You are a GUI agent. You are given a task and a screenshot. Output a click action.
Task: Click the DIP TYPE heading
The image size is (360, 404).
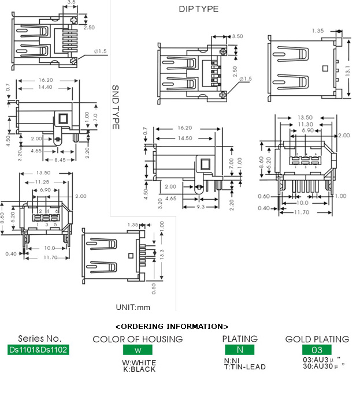[198, 9]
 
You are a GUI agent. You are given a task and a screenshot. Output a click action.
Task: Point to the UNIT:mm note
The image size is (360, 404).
[133, 307]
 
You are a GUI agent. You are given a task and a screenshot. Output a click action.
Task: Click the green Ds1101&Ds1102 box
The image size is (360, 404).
[38, 350]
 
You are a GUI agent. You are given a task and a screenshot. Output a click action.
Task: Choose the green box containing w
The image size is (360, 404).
[138, 350]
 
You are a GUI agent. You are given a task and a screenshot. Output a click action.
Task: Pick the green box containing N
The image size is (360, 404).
[239, 350]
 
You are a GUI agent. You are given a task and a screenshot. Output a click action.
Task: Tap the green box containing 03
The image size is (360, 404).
[317, 350]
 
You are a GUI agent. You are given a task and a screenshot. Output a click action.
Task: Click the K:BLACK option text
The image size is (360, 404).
[139, 369]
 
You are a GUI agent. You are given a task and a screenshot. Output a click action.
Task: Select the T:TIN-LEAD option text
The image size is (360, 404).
[245, 367]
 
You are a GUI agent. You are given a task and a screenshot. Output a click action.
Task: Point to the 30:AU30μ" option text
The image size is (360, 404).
[324, 366]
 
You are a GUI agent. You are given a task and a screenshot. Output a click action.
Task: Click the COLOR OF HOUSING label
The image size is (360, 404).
[138, 339]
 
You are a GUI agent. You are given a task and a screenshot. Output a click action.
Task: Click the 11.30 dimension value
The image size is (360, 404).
[306, 124]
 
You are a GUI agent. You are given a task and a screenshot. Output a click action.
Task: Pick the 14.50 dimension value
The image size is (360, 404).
[185, 138]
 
